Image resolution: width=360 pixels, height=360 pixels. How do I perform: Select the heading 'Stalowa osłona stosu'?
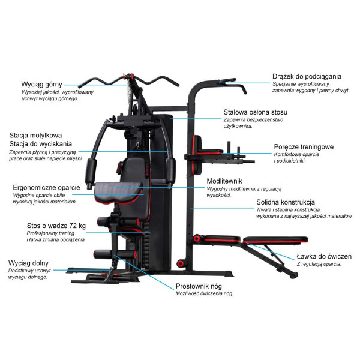pyautogui.click(x=256, y=112)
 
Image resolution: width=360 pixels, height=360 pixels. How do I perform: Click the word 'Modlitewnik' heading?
pyautogui.click(x=225, y=180)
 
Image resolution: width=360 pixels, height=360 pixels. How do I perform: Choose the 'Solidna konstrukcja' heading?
pyautogui.click(x=286, y=202)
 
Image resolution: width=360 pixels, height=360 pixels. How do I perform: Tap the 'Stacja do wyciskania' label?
pyautogui.click(x=40, y=144)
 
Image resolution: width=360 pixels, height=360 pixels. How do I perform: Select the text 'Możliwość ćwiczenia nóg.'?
pyautogui.click(x=204, y=294)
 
